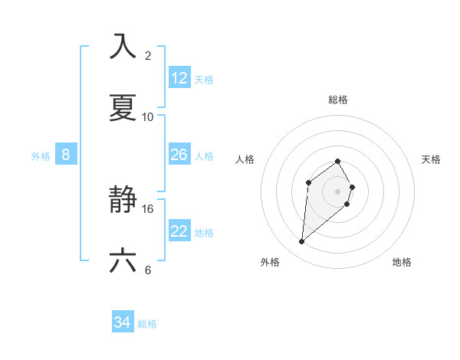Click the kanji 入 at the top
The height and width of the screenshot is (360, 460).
(x=123, y=46)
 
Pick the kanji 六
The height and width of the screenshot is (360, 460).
(x=123, y=261)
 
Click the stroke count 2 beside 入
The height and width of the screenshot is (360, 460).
(x=148, y=55)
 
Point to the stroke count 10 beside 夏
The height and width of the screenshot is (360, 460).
(x=148, y=116)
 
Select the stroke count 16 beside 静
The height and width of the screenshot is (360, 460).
(x=148, y=208)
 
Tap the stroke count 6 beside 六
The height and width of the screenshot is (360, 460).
(x=148, y=270)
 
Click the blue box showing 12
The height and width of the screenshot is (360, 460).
(x=179, y=78)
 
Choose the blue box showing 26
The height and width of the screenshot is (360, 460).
(x=179, y=155)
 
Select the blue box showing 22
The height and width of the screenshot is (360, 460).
(x=179, y=231)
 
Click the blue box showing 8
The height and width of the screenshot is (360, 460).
(x=66, y=155)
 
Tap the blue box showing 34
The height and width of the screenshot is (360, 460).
(x=123, y=322)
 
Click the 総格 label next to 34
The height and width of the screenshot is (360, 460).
(x=148, y=324)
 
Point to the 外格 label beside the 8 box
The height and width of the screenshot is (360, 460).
(x=41, y=156)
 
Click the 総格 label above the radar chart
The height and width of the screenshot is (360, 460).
(x=338, y=100)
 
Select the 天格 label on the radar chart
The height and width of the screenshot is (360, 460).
(x=432, y=159)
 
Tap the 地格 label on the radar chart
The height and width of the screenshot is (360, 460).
(x=402, y=262)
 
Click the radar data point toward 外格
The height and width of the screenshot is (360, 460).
(x=302, y=242)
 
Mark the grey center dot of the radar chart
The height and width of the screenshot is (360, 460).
(x=338, y=191)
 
